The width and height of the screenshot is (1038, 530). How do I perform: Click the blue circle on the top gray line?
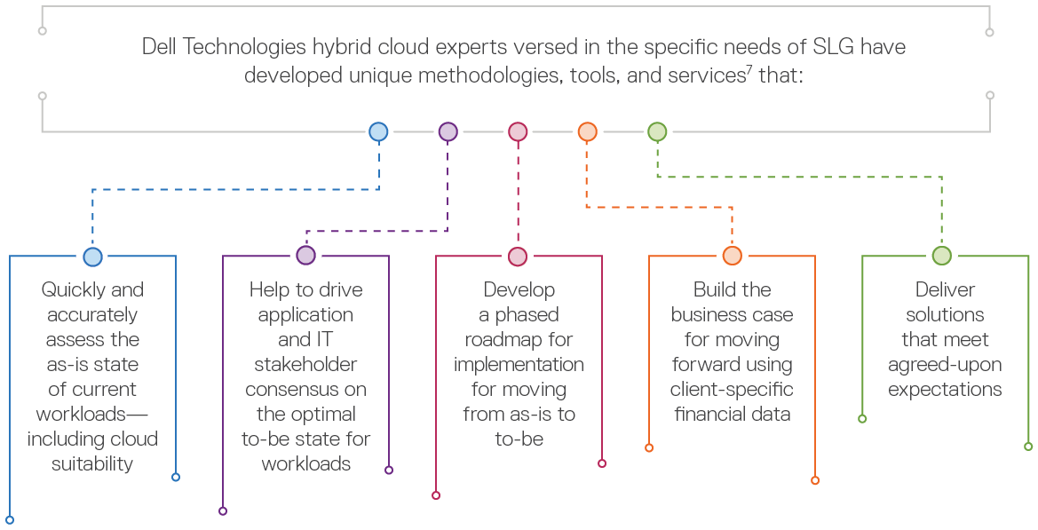[378, 132]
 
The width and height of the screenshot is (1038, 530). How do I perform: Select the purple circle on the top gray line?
[448, 132]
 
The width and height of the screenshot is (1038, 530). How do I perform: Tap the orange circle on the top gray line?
[587, 132]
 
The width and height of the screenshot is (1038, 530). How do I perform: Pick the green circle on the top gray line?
[656, 132]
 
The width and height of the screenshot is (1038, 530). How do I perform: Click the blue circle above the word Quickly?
[92, 257]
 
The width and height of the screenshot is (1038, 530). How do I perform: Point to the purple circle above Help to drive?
[305, 256]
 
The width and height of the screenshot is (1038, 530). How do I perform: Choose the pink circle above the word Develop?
[518, 257]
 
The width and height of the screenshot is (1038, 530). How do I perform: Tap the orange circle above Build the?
[732, 256]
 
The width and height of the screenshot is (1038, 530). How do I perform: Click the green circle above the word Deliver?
[941, 256]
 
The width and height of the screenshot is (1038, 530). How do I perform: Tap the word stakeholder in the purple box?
[305, 365]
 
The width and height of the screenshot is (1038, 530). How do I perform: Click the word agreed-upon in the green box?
[944, 365]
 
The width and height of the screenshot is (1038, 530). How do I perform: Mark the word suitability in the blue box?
[92, 464]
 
